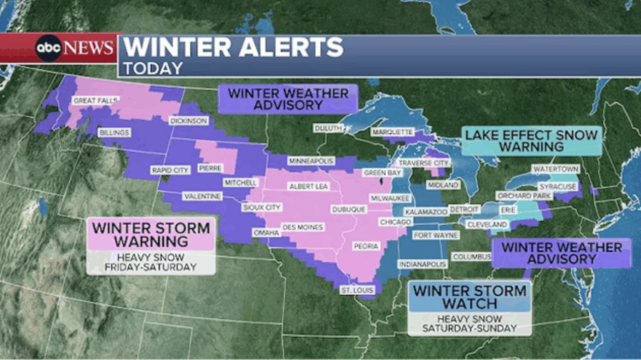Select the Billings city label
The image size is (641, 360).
click(114, 133)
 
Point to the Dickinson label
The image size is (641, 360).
click(188, 121)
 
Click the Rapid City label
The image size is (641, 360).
click(170, 170)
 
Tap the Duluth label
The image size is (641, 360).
click(328, 128)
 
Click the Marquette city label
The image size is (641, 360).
click(392, 132)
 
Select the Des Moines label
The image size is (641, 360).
click(302, 227)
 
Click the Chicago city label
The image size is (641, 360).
click(396, 222)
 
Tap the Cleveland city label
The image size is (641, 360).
click(487, 225)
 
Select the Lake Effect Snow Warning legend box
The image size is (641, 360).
click(531, 141)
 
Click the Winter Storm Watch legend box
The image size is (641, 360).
click(470, 296)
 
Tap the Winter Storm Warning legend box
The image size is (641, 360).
click(151, 235)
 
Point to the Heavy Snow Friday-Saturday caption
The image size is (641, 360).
click(151, 262)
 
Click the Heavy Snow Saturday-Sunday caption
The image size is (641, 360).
click(470, 323)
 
